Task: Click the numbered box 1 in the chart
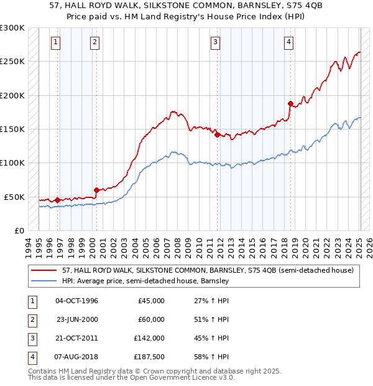56,42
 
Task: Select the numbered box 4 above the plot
289,42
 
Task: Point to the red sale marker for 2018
290,103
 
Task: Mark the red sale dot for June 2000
96,190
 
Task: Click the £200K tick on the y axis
12,96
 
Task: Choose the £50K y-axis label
14,197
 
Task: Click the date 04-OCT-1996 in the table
76,301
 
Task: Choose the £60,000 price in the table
150,319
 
